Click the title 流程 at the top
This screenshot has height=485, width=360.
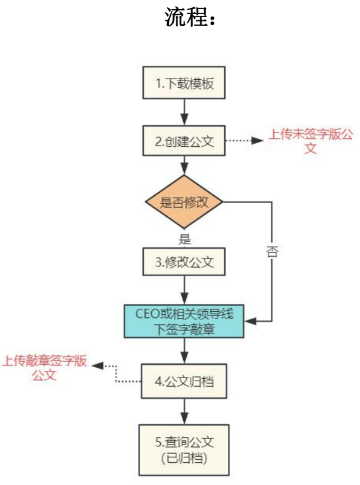(x=186, y=17)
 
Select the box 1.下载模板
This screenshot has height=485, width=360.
(x=184, y=83)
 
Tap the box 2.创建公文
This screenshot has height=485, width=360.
(x=184, y=141)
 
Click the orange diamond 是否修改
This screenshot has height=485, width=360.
(x=184, y=202)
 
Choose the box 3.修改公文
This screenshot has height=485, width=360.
(x=184, y=262)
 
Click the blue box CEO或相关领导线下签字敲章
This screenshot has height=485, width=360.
(x=184, y=321)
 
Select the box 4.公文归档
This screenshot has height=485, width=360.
(x=184, y=381)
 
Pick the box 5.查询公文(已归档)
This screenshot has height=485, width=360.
(x=184, y=450)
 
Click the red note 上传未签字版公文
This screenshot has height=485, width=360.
(x=310, y=141)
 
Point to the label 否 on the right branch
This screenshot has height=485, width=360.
(x=272, y=252)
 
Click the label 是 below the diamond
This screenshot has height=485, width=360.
(x=184, y=239)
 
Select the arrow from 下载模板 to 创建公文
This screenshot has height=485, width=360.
(x=184, y=112)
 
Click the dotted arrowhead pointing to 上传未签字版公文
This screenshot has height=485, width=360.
(x=257, y=141)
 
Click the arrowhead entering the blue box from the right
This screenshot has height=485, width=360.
(x=250, y=321)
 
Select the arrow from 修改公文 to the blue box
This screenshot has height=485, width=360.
(x=184, y=290)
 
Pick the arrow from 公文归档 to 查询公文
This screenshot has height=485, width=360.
(x=184, y=411)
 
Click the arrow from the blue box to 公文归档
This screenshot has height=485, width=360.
(x=184, y=351)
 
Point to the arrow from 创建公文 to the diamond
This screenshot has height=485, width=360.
(x=184, y=166)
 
